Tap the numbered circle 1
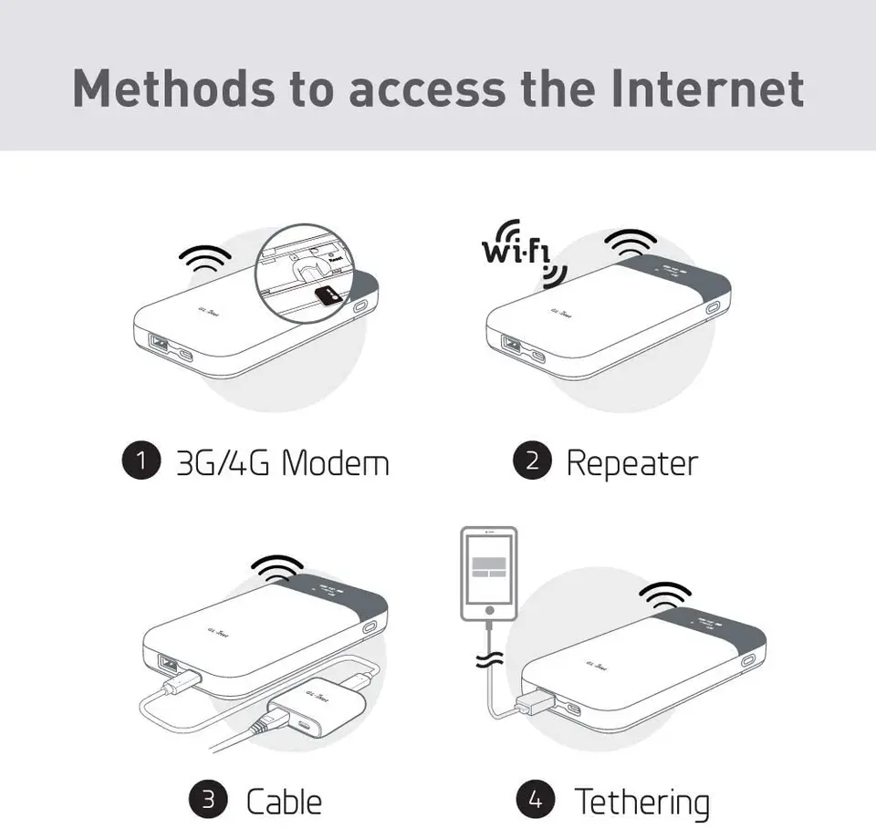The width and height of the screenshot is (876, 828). [x=141, y=461]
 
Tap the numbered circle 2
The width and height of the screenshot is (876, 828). [x=532, y=461]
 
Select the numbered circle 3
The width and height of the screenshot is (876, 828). [x=208, y=801]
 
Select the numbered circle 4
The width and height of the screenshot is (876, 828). [x=536, y=801]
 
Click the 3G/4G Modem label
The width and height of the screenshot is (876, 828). [x=282, y=462]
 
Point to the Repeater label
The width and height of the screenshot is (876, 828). [x=631, y=462]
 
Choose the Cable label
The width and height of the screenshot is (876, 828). [x=284, y=802]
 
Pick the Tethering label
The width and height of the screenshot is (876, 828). [x=641, y=802]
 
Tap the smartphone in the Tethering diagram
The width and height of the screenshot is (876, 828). [x=488, y=574]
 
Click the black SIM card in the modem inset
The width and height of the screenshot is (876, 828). [x=326, y=293]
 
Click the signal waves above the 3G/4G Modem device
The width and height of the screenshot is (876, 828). [x=205, y=259]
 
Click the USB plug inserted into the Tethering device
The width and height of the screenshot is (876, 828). [x=537, y=702]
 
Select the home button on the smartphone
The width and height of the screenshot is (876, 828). [x=489, y=609]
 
